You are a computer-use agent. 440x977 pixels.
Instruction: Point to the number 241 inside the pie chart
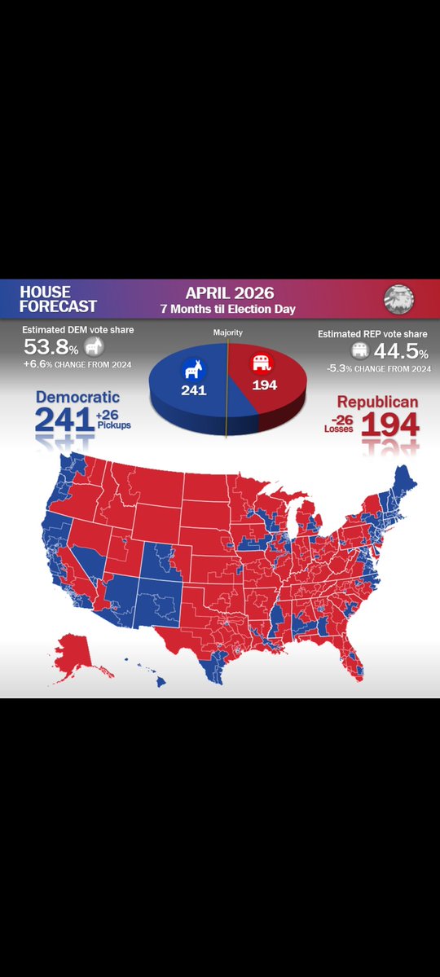(x=190, y=389)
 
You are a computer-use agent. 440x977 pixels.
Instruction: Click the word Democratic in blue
(x=77, y=398)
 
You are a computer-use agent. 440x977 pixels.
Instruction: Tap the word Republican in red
(x=378, y=403)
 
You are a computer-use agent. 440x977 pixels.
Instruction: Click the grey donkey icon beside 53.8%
(x=95, y=349)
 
